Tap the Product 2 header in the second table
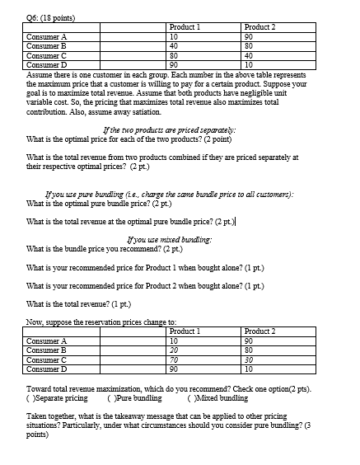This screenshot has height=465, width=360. (x=259, y=330)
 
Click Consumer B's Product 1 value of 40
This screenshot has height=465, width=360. (x=174, y=45)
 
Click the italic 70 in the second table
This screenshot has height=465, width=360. (x=174, y=359)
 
